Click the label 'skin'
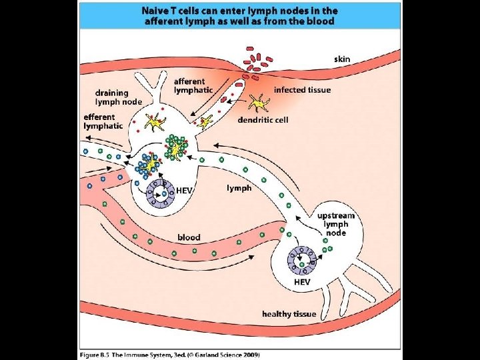pyautogui.click(x=342, y=59)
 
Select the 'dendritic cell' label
pyautogui.click(x=264, y=121)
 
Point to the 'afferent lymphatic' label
pyautogui.click(x=193, y=85)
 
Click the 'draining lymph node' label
pyautogui.click(x=118, y=97)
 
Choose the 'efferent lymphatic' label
pyautogui.click(x=103, y=121)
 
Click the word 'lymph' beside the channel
pyautogui.click(x=239, y=188)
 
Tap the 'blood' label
pyautogui.click(x=189, y=237)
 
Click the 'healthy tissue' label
pyautogui.click(x=289, y=313)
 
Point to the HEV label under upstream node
pyautogui.click(x=302, y=282)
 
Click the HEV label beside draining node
pyautogui.click(x=184, y=190)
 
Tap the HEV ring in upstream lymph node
pyautogui.click(x=303, y=259)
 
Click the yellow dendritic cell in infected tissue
pyautogui.click(x=256, y=103)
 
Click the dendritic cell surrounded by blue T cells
pyautogui.click(x=151, y=165)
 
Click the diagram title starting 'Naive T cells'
pyautogui.click(x=239, y=15)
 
